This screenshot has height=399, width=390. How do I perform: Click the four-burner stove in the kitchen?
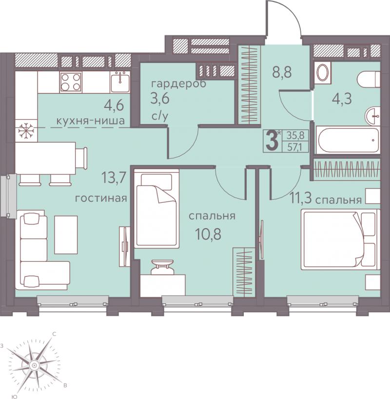[x=71, y=82]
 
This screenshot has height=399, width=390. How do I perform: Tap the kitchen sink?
[x=120, y=82]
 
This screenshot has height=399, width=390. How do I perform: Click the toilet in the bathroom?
[x=368, y=79]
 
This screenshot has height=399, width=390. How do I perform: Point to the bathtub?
[x=348, y=140]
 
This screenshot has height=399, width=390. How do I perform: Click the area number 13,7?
[x=113, y=177]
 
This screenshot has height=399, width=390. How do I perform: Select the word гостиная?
[x=101, y=198]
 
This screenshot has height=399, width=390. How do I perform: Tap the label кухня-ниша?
[x=91, y=121]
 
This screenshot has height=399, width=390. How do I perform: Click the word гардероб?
[x=178, y=84]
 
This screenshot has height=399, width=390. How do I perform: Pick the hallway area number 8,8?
[x=282, y=72]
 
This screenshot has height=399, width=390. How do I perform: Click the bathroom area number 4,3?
[x=342, y=99]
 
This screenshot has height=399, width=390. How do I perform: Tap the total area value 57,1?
[x=295, y=147]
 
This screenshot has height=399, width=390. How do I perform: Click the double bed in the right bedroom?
[x=340, y=239]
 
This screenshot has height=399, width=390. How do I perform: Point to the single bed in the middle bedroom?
[x=156, y=209]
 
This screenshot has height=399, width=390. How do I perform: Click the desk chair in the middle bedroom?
[x=162, y=267]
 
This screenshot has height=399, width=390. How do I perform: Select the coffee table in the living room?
[x=66, y=234]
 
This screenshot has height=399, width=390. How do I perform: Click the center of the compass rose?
[x=34, y=366]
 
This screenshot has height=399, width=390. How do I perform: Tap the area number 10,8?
[x=208, y=234]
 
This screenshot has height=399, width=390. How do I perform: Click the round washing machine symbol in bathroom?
[x=323, y=73]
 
